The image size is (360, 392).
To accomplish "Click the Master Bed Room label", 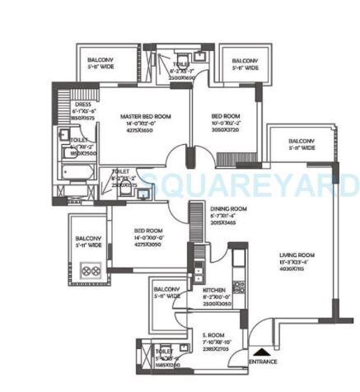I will [144, 117].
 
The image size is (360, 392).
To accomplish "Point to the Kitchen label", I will [213, 291].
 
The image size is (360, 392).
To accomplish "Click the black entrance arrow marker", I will [258, 352].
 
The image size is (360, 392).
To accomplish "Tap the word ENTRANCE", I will [263, 362].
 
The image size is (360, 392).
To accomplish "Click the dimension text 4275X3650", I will [144, 132].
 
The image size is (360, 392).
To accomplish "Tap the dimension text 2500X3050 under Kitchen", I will [213, 304].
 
